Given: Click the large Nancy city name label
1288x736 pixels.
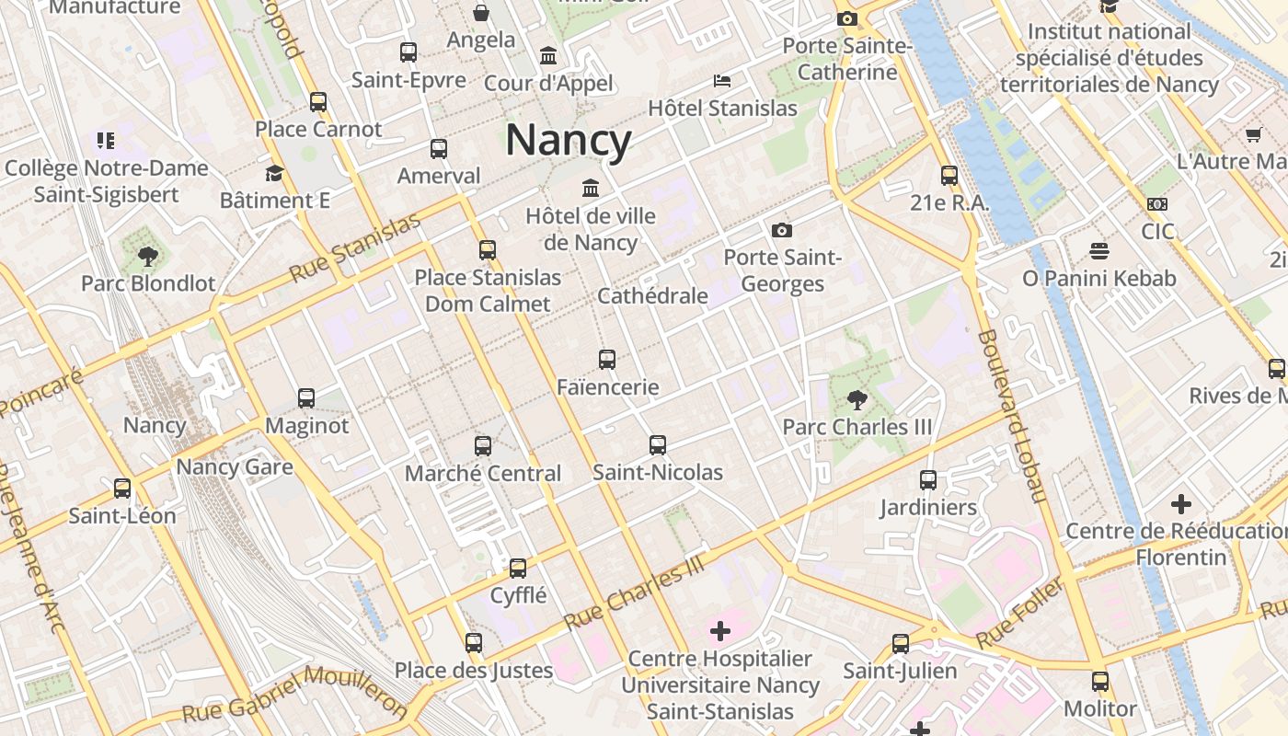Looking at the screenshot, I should coord(568,141).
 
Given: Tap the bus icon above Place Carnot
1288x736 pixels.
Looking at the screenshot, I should coord(318,102).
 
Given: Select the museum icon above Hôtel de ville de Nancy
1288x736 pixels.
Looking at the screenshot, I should coord(591,189).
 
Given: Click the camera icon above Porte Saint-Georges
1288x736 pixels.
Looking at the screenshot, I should coord(782,230).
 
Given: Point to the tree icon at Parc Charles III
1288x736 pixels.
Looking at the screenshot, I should coord(857,400).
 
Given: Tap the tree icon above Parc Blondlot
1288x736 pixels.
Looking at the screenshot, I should coord(147,256).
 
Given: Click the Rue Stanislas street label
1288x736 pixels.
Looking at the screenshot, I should coord(354,247).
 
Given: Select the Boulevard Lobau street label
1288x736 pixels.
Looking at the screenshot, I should coord(1012,416).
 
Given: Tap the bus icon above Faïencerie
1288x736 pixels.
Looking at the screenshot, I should coord(607,360).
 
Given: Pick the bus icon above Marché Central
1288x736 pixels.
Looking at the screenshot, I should coord(483,446).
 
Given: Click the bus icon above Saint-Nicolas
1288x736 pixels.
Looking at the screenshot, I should coord(658,445).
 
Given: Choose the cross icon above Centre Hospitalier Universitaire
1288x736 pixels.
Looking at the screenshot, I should coord(720,631).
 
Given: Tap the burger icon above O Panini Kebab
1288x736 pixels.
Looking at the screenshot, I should coord(1098,250).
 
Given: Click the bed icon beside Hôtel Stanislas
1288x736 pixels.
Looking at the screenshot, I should coord(722,81).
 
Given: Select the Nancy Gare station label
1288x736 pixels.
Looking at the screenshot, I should coord(235,466).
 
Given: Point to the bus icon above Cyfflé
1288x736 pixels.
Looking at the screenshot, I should coord(518,568).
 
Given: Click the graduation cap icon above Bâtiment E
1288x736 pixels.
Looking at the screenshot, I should coord(274,173).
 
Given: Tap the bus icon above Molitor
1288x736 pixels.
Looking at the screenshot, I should coord(1100,682).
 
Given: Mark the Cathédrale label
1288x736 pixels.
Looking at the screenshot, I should coord(652,295).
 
